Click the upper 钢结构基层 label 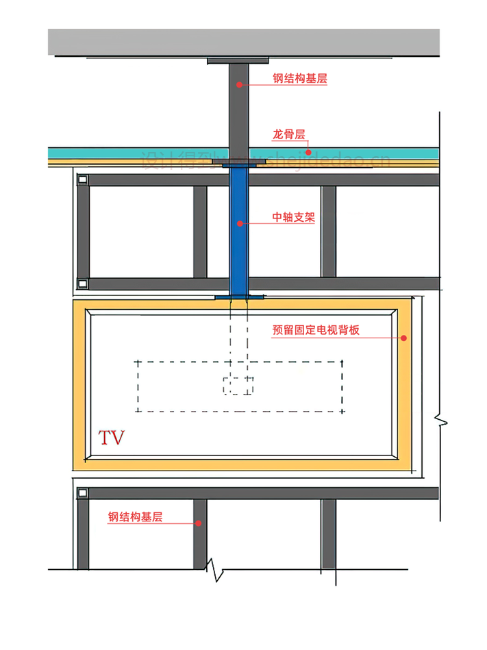(x=299, y=79)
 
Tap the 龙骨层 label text (x=288, y=135)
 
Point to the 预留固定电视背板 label (x=316, y=330)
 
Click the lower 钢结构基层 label (x=135, y=517)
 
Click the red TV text (x=112, y=438)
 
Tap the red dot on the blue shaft (x=240, y=223)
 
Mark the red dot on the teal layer (x=308, y=152)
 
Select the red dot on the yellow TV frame (x=404, y=338)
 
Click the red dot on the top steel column (x=239, y=84)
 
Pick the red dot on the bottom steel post (x=199, y=523)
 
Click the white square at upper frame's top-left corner (x=82, y=179)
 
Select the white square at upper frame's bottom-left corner (x=82, y=284)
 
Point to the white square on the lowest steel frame (x=82, y=492)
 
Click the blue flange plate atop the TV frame (x=239, y=297)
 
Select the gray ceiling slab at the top (x=243, y=42)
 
